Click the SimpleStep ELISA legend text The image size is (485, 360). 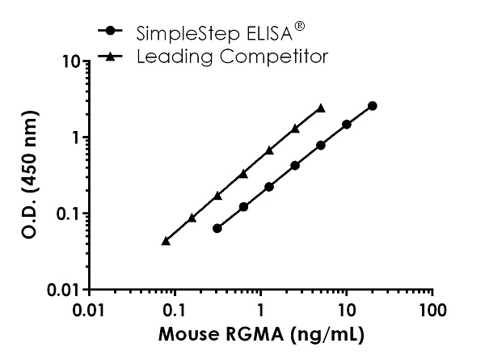click(x=214, y=34)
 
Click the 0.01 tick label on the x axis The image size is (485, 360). click(x=89, y=311)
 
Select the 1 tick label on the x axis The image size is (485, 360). click(x=260, y=311)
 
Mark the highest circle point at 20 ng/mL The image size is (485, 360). click(x=372, y=106)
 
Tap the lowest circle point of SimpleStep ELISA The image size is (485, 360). click(x=217, y=228)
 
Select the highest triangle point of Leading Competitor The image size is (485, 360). click(x=321, y=108)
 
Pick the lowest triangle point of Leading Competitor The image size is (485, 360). click(x=166, y=240)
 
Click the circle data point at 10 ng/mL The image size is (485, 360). click(x=346, y=125)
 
